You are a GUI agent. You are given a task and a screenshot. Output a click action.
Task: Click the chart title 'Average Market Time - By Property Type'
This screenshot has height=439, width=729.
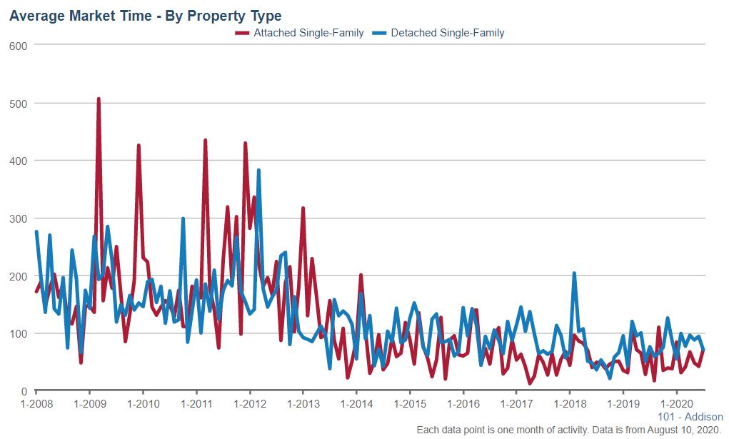[146, 15]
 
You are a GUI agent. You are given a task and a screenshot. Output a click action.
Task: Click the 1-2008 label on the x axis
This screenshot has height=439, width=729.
[36, 403]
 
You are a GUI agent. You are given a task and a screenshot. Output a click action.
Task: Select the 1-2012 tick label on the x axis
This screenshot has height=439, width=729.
[249, 403]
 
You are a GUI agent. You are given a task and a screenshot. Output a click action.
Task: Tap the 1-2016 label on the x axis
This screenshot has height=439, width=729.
[463, 403]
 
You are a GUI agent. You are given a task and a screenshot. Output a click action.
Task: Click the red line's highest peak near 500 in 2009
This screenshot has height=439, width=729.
[99, 99]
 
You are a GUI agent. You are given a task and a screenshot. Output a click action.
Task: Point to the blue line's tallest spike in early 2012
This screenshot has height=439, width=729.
[258, 171]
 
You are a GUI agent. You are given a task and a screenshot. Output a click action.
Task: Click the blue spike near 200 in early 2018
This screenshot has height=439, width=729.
[574, 273]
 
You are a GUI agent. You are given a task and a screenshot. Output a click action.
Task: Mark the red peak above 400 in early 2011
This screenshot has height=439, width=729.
[205, 141]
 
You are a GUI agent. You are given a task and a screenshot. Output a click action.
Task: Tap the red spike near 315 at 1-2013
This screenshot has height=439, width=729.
[303, 208]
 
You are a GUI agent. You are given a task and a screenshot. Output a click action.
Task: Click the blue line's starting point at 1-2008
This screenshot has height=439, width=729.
[36, 232]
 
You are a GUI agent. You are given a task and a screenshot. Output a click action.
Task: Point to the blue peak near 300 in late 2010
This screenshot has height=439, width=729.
[183, 219]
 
